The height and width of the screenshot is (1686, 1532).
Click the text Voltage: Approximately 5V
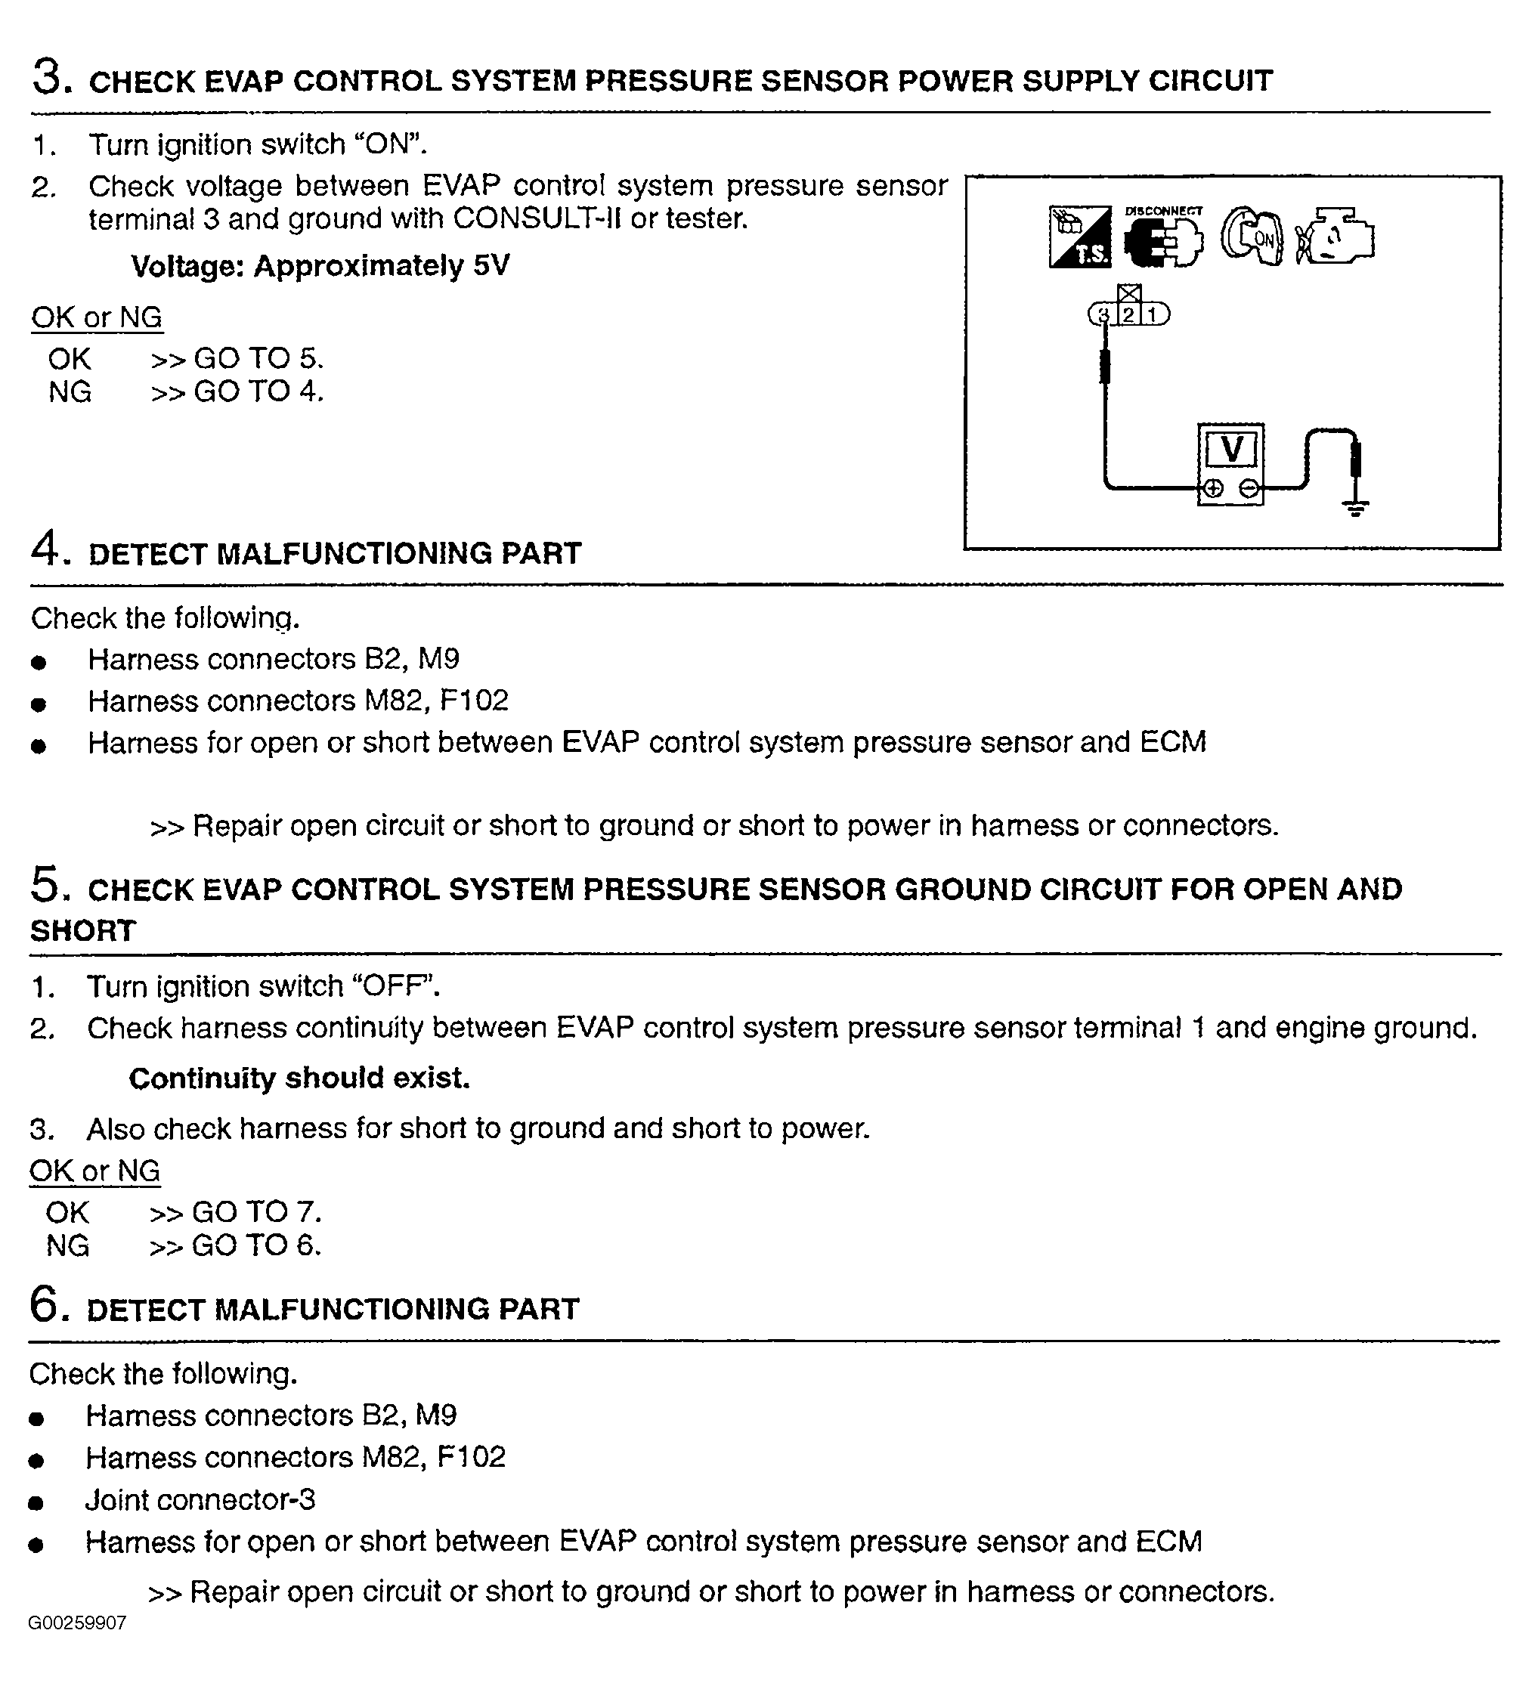pyautogui.click(x=320, y=266)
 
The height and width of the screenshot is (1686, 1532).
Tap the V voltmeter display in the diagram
pyautogui.click(x=1231, y=450)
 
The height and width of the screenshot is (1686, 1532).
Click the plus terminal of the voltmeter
pyautogui.click(x=1212, y=488)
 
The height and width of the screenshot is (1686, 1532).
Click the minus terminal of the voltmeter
pyautogui.click(x=1249, y=488)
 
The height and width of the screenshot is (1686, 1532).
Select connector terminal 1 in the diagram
pyautogui.click(x=1153, y=314)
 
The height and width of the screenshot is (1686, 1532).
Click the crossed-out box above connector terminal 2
pyautogui.click(x=1129, y=293)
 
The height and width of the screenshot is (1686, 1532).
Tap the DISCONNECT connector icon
pyautogui.click(x=1163, y=240)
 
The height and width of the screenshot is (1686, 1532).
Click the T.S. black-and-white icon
pyautogui.click(x=1079, y=237)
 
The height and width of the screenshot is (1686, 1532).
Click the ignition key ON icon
pyautogui.click(x=1252, y=237)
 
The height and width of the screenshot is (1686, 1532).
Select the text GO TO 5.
pyautogui.click(x=258, y=358)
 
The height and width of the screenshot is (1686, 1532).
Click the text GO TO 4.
pyautogui.click(x=258, y=391)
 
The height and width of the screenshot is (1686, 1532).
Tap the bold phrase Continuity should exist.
pyautogui.click(x=299, y=1078)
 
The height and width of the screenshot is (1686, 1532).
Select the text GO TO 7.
pyautogui.click(x=256, y=1212)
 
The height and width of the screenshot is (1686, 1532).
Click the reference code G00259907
pyautogui.click(x=77, y=1646)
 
